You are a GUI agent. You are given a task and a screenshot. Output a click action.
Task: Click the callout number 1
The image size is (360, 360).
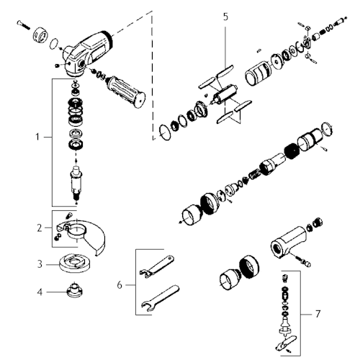[37, 138]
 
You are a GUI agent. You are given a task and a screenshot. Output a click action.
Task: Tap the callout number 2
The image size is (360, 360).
[40, 228]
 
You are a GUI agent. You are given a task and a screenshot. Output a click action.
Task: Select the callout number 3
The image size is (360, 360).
[40, 264]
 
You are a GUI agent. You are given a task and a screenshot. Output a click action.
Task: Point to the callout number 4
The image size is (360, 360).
[40, 292]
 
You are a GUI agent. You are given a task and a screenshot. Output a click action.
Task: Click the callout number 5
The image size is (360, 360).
[225, 17]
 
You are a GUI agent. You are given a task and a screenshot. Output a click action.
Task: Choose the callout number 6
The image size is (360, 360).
[120, 285]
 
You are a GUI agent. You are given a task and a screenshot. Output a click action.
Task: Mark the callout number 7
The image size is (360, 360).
[318, 314]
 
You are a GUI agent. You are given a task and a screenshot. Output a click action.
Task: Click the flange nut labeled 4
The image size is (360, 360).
[74, 289]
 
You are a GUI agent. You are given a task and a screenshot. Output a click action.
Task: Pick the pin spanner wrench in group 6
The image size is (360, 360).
[157, 266]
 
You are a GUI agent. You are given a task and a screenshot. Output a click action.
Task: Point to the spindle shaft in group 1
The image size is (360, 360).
[76, 182]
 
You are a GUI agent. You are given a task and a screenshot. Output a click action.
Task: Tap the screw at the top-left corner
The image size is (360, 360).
[23, 25]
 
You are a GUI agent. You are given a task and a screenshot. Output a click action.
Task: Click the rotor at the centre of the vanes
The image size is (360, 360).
[225, 94]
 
